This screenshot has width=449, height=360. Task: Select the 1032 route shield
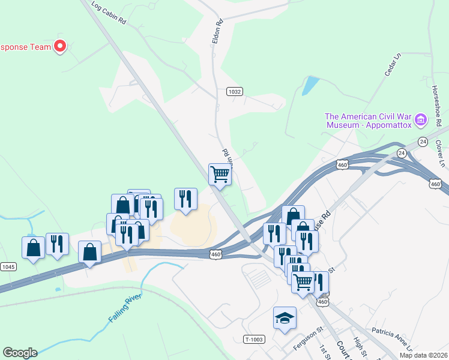point(235,92)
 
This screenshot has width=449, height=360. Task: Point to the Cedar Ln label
point(393,65)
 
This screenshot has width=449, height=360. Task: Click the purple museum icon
point(420,121)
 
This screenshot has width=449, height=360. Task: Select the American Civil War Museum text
point(369,121)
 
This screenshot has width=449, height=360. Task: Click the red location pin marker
point(60,46)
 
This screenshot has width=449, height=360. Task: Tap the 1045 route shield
point(8,266)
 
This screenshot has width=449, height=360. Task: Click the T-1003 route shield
point(254,340)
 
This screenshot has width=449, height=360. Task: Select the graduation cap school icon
point(285,318)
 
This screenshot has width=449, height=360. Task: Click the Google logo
point(20,353)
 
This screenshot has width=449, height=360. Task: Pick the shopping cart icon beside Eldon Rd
point(220,174)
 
